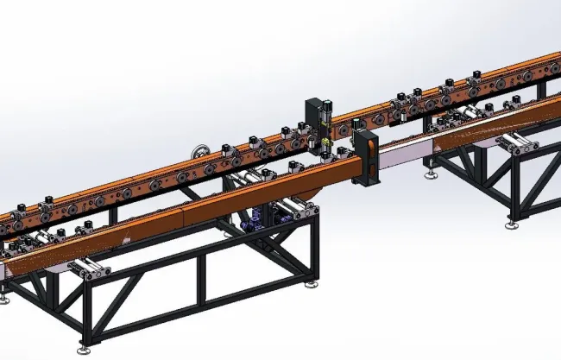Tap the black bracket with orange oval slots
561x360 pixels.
(x=367, y=160)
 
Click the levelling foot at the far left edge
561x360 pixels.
(x=4, y=299)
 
